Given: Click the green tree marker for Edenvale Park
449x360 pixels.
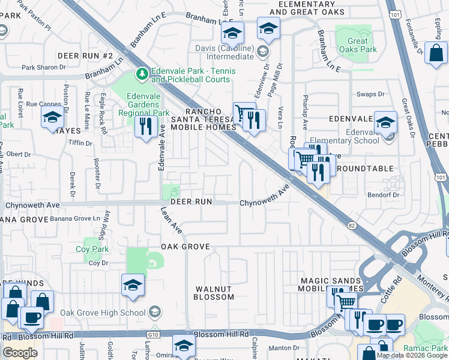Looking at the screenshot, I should [x=142, y=74].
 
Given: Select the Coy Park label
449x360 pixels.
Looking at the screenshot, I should [x=92, y=249].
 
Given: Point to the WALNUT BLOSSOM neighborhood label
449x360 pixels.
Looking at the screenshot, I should [x=214, y=293].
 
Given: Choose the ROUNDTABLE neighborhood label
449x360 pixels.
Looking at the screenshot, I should [x=365, y=169].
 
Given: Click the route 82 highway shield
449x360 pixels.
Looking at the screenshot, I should [x=351, y=224].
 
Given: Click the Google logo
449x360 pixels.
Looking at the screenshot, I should [x=20, y=352].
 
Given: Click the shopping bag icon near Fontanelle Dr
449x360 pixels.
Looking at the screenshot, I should [x=435, y=53].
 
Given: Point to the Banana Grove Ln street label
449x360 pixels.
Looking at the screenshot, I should [x=74, y=218].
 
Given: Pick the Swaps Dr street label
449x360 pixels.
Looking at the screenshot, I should [x=370, y=94].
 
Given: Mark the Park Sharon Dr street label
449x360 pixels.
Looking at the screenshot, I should [x=43, y=67].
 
